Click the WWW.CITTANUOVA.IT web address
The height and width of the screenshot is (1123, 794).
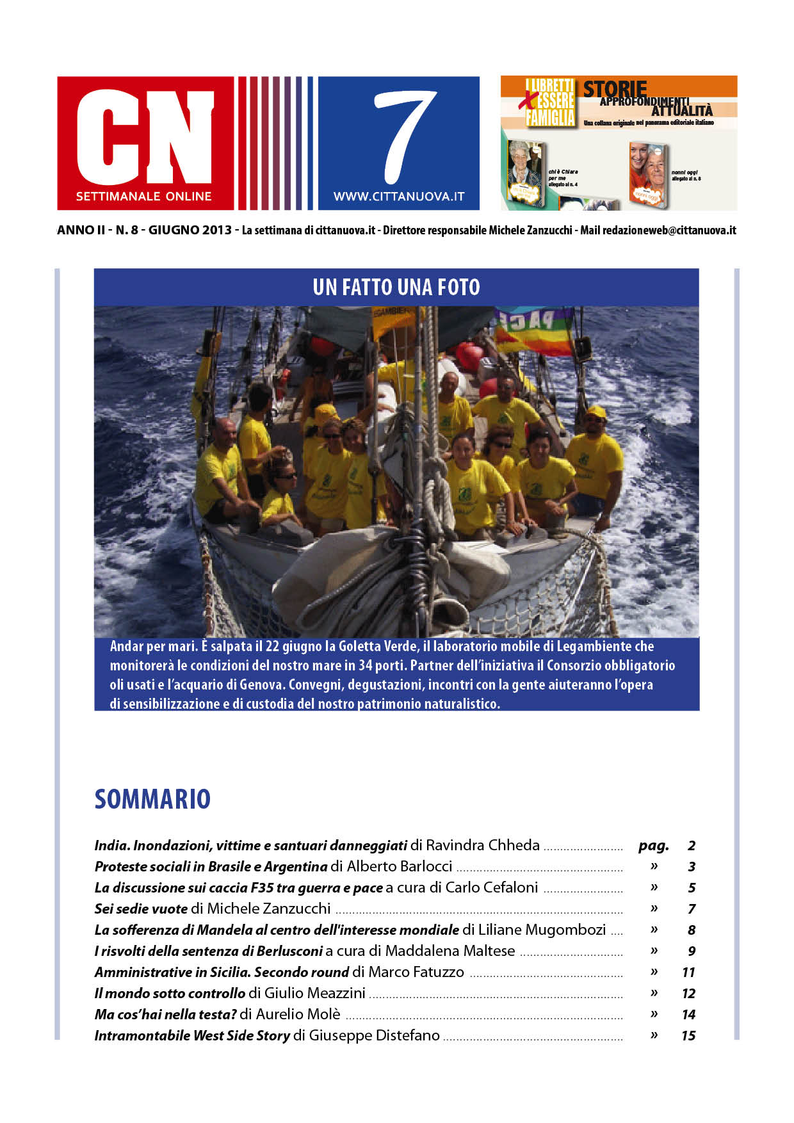(398, 197)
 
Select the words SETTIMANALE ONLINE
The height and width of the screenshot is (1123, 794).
(144, 197)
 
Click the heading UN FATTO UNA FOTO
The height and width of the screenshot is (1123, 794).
(396, 287)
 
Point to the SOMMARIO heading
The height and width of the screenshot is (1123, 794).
(152, 799)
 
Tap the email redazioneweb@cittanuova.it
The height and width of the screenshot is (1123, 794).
(668, 230)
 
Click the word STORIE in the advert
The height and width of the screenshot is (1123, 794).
(615, 88)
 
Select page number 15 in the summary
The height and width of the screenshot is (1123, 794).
(688, 1035)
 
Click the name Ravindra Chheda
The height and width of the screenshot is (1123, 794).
(483, 845)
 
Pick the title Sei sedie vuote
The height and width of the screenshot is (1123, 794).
(141, 909)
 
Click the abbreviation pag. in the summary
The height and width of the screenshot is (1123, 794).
(653, 845)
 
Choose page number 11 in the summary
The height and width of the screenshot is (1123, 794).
(688, 972)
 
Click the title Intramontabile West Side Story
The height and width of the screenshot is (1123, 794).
(192, 1035)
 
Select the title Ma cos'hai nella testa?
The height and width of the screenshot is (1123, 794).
(165, 1014)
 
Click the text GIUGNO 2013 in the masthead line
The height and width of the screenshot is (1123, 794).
(190, 230)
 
